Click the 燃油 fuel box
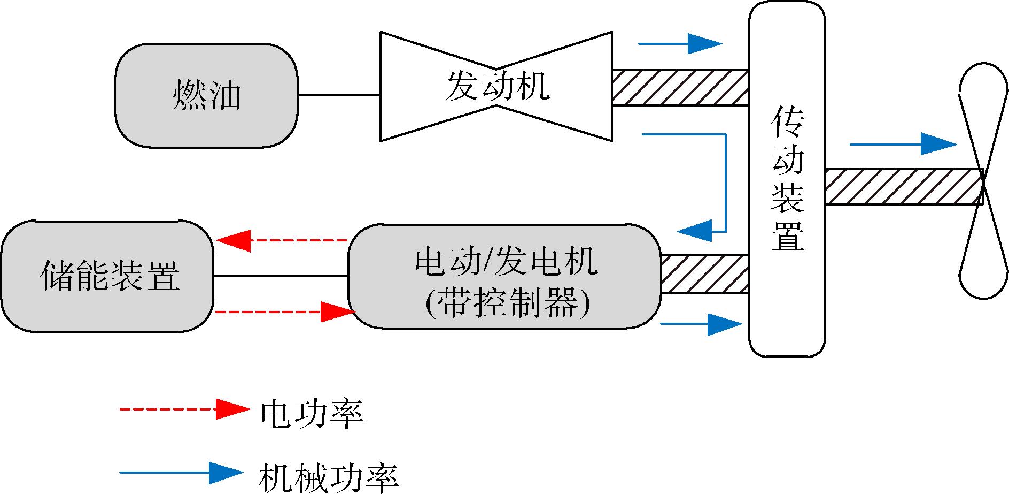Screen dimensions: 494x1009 [206, 95]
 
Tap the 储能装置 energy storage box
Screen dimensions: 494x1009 [107, 277]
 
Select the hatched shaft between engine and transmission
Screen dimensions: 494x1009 [680, 87]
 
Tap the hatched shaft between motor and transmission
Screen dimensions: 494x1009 [704, 274]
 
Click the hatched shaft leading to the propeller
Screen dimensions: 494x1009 [903, 186]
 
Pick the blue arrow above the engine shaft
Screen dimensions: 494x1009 [680, 44]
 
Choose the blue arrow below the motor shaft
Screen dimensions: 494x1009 [701, 324]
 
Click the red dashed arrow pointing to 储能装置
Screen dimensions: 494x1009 [282, 240]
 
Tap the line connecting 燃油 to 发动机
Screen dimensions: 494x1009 [339, 95]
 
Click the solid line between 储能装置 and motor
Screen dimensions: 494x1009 [281, 276]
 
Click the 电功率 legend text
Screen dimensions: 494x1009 [312, 414]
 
